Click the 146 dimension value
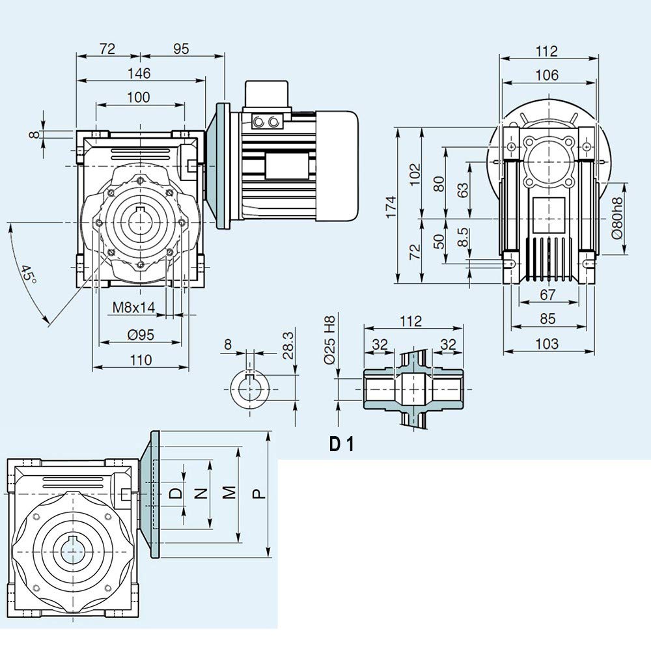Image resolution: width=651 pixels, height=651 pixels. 139,74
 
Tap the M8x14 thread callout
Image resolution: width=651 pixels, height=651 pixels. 133,308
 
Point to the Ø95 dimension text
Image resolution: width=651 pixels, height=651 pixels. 141,335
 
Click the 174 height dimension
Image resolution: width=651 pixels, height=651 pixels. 391,207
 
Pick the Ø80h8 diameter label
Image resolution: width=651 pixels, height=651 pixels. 617,218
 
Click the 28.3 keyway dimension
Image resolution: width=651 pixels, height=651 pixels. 288,345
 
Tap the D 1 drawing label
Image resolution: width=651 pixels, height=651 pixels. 342,444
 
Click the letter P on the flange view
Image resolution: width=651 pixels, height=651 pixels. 258,493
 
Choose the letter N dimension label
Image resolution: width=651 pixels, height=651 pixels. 201,493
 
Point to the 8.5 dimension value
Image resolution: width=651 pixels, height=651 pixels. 463,237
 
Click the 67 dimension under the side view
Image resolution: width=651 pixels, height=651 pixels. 547,294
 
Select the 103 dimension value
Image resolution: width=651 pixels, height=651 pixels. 547,344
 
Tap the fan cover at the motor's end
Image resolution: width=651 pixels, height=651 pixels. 337,165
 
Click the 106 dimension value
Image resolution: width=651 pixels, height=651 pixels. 547,75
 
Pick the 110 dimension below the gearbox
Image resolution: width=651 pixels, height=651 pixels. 141,360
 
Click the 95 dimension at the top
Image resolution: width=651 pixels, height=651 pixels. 181,49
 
